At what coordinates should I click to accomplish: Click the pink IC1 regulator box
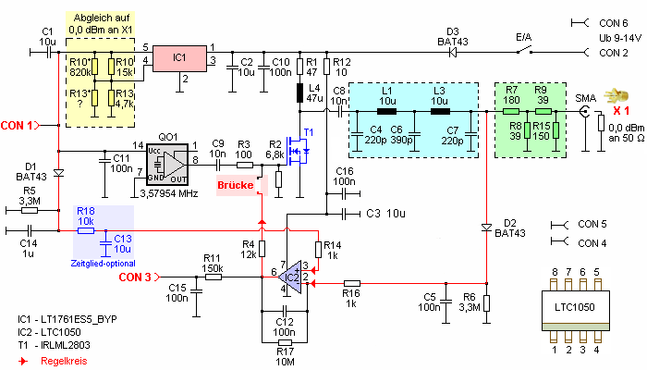coord(179,58)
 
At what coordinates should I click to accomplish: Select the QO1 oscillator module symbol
coord(167,164)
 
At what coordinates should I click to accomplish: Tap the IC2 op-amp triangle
coord(290,277)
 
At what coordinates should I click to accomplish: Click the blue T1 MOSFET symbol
coord(299,152)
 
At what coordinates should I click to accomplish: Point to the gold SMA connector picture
coord(616,96)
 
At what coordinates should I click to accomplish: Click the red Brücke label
coord(235,185)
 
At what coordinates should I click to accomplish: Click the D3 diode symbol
coord(453,53)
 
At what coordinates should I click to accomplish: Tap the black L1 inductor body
coord(387,112)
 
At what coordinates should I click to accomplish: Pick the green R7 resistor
coord(511,112)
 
